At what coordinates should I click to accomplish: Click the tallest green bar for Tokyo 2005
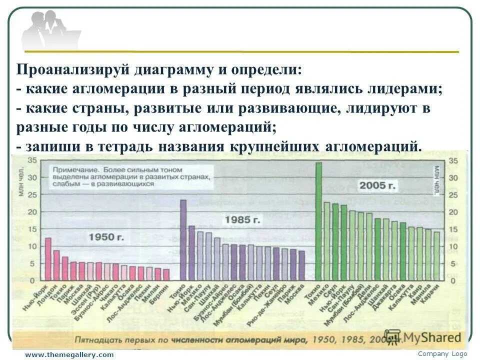click(x=318, y=220)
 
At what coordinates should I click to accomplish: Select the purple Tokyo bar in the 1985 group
click(x=183, y=239)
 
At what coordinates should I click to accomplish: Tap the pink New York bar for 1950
click(x=48, y=258)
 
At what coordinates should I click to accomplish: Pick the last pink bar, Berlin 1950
click(x=166, y=274)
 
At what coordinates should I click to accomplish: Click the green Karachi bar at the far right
click(x=436, y=255)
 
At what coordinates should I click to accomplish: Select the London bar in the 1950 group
click(x=56, y=264)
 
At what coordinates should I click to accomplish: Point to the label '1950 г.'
click(x=106, y=237)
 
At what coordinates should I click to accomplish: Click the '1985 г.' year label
click(x=242, y=219)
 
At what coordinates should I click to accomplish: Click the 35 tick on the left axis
click(x=31, y=160)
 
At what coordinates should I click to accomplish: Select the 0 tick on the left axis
click(x=31, y=280)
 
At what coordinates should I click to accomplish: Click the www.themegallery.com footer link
click(x=69, y=354)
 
